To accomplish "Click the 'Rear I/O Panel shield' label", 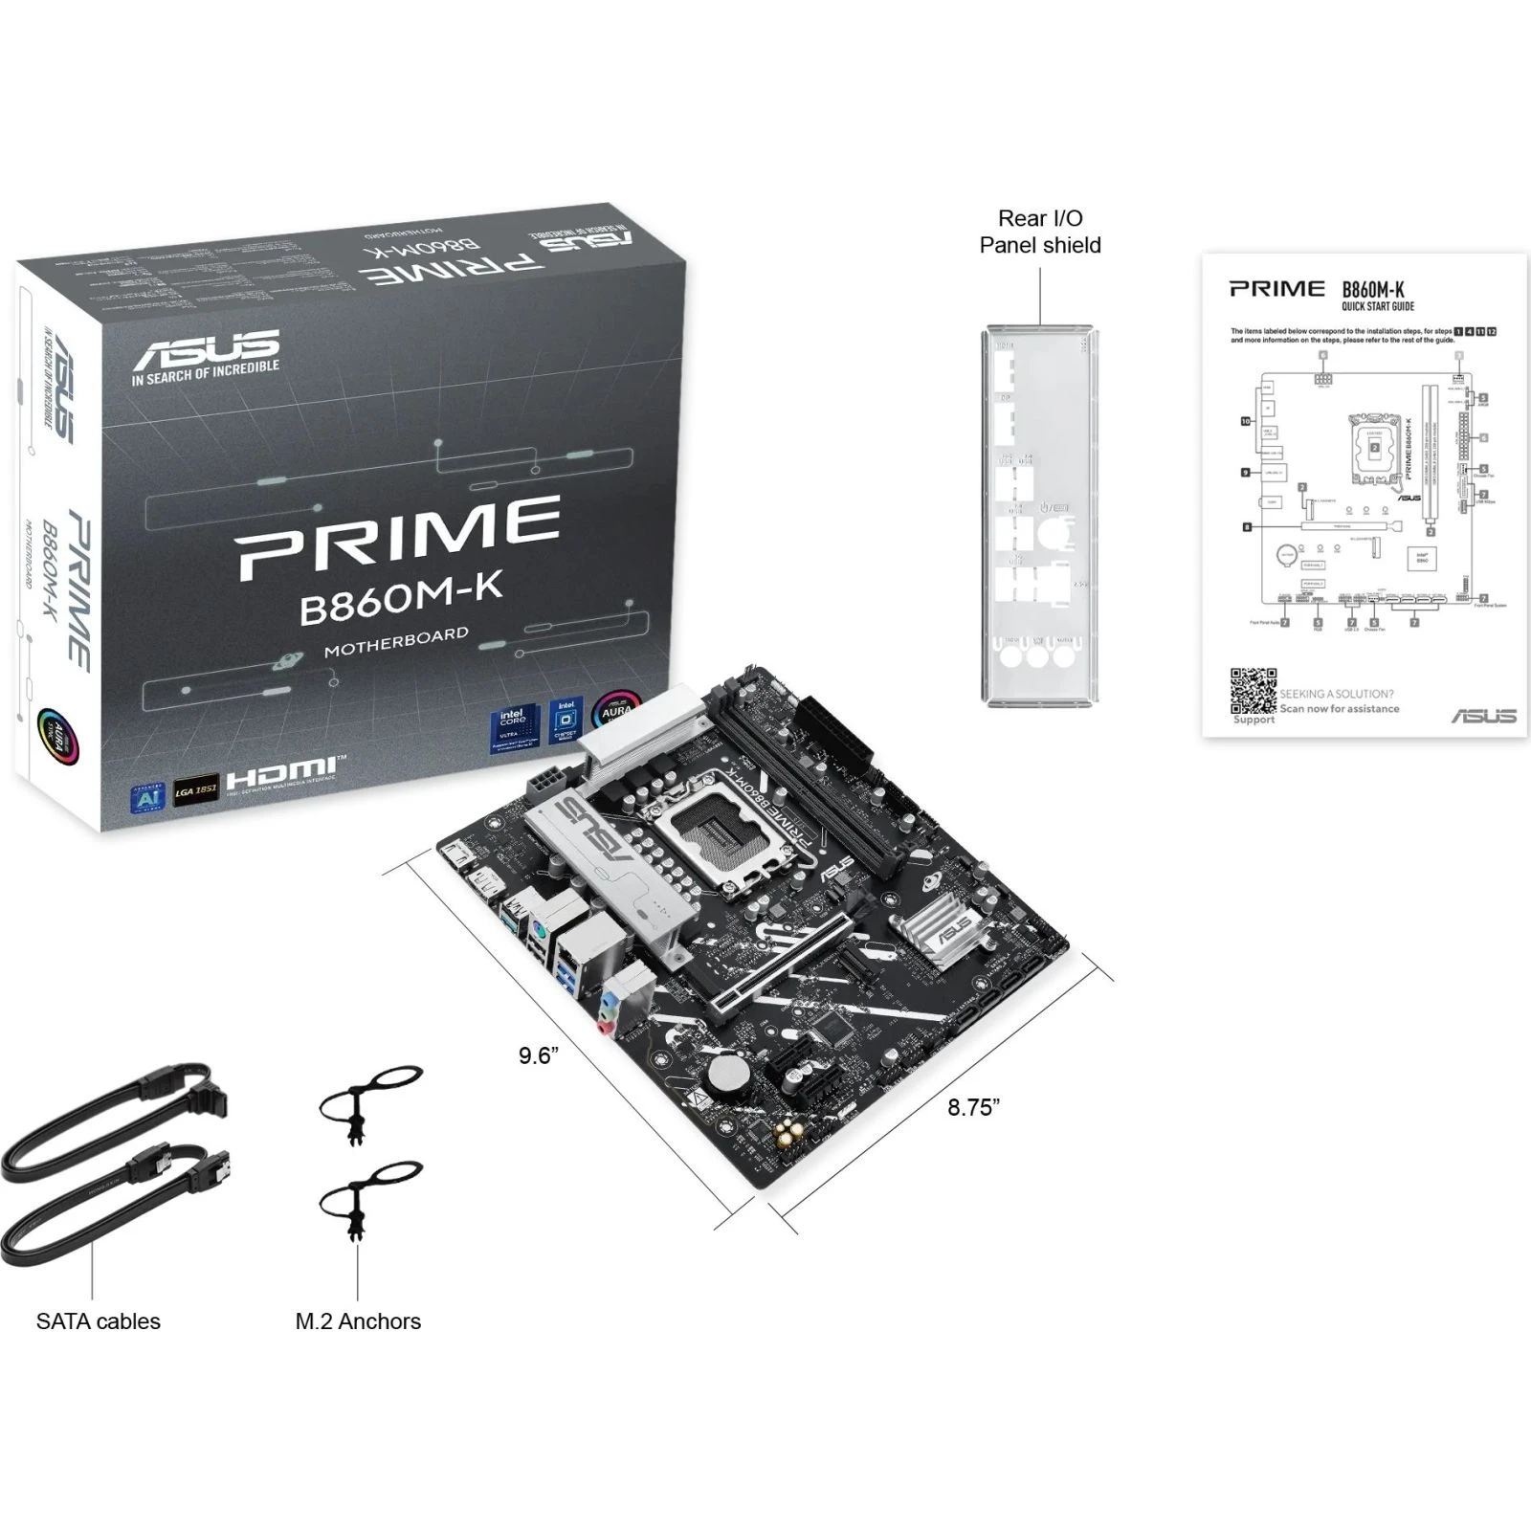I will [1040, 232].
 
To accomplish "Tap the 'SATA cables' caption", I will [99, 1321].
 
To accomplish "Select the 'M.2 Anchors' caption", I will [358, 1321].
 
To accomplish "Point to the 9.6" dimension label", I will [538, 1055].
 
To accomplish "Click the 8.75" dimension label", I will [973, 1107].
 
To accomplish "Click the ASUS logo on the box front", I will [206, 349].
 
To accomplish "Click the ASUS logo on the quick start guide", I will [1483, 716].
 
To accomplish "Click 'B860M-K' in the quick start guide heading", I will [1372, 290].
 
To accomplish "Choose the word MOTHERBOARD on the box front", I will [396, 641].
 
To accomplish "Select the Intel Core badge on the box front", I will [512, 729].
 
